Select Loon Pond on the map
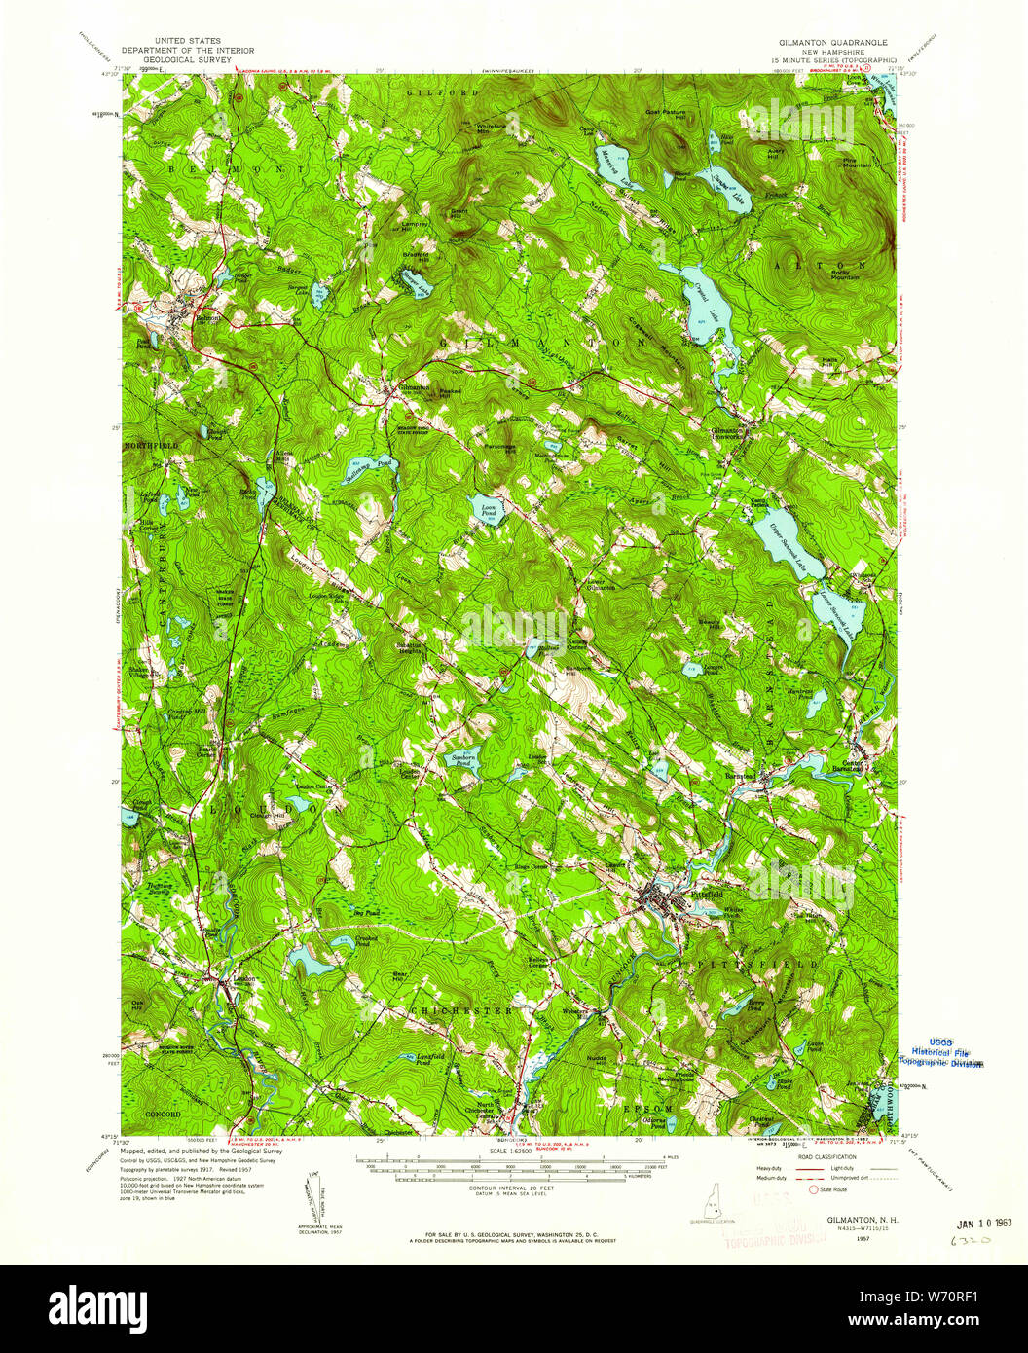pyautogui.click(x=486, y=508)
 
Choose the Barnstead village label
pyautogui.click(x=742, y=776)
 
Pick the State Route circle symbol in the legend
pyautogui.click(x=812, y=1188)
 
